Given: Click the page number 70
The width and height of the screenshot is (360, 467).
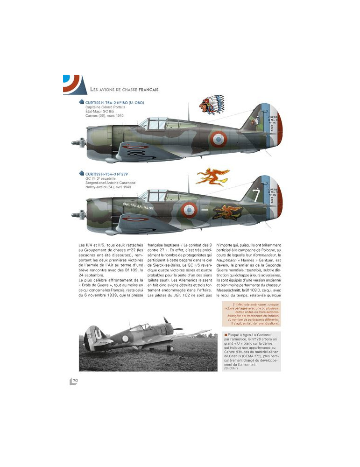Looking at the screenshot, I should tap(75, 381).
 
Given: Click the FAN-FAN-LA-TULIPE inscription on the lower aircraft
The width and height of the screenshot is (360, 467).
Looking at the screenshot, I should tap(138, 204).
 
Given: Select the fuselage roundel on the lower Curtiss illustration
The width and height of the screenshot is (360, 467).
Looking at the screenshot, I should tap(189, 210).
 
